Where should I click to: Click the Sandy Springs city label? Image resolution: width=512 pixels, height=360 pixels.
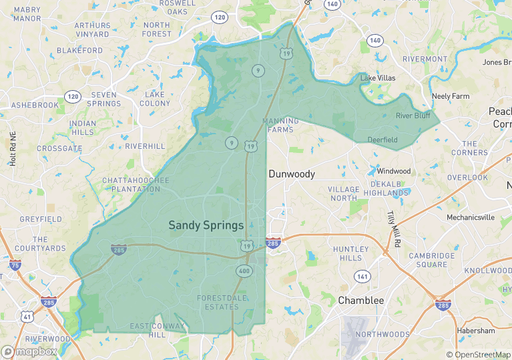pos(206,226)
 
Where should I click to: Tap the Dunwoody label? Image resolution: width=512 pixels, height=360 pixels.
pos(292,174)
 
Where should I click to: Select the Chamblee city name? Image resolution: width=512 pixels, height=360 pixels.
pos(361,301)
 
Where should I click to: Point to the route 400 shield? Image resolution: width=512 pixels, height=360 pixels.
pos(243,271)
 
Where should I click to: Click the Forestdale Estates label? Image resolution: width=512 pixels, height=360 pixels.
pos(218,303)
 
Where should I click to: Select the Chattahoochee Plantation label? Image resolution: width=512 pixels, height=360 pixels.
pos(136,185)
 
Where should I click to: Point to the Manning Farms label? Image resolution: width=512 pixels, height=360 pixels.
pos(280,126)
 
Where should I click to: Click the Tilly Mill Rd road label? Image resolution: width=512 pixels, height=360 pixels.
pos(393,227)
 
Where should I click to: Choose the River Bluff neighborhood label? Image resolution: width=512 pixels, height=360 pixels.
pos(413,116)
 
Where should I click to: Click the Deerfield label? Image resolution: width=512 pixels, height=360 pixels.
pos(382,140)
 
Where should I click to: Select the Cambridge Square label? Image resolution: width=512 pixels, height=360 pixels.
pos(432,260)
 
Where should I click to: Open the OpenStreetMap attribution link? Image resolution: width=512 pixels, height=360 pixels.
pos(478,355)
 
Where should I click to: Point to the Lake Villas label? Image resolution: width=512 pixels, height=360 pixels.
pos(378,78)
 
